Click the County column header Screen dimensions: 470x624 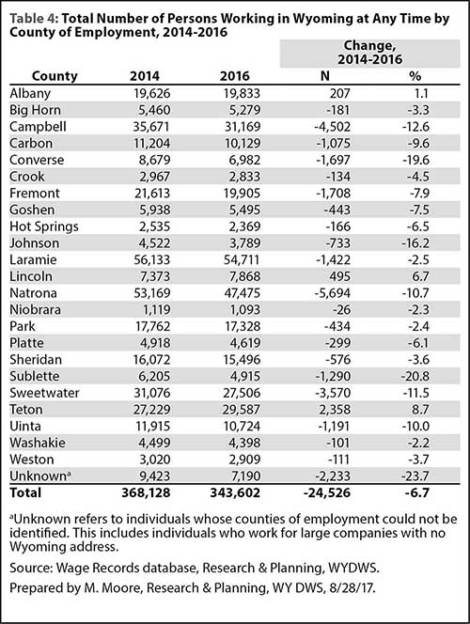(55, 75)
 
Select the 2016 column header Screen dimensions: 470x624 (235, 75)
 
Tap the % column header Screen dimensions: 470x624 (415, 75)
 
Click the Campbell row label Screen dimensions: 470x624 (38, 127)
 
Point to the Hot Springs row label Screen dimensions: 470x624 (44, 226)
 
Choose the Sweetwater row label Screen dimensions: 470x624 (44, 393)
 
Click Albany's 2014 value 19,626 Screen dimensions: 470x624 (151, 93)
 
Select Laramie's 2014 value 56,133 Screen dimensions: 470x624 (151, 259)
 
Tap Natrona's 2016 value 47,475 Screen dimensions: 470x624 (242, 293)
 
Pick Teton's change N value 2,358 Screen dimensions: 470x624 (334, 410)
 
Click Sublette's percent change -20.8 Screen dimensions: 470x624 (415, 376)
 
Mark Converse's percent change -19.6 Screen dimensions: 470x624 (415, 160)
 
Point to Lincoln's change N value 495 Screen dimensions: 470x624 (339, 276)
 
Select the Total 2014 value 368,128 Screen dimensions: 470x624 (146, 492)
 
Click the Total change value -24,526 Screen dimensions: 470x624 (327, 492)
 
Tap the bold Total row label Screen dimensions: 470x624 (25, 492)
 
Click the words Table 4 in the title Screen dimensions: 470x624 (34, 19)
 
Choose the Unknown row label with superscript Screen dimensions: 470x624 (40, 476)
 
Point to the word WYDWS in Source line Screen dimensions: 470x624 (353, 568)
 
